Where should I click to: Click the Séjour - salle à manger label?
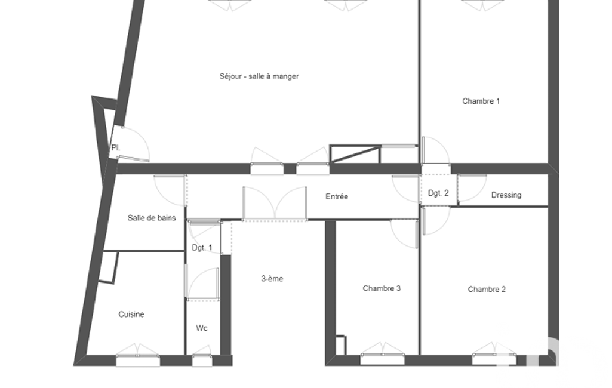[x=259, y=76]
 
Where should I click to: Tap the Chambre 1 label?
[x=481, y=101]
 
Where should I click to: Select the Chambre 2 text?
[x=487, y=290]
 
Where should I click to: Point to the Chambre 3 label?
[x=382, y=288]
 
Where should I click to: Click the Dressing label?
[x=506, y=195]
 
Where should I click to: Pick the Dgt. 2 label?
[x=438, y=193]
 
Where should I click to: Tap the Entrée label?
[x=336, y=197]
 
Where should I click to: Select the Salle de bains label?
[x=152, y=218]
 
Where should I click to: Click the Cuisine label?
[x=131, y=314]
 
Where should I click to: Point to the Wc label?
[x=201, y=328]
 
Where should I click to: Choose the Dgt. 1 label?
[x=202, y=248]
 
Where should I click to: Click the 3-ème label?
[x=272, y=279]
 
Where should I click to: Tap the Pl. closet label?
[x=115, y=147]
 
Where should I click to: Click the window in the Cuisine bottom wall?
[x=138, y=360]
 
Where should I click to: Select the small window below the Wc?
[x=202, y=360]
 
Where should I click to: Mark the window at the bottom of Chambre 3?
[x=383, y=358]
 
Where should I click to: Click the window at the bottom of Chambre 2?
[x=494, y=358]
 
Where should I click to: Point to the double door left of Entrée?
[x=275, y=204]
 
